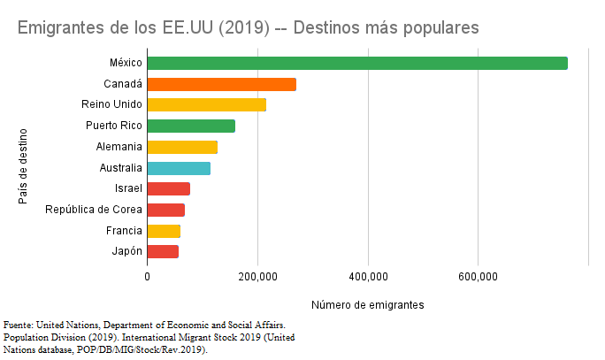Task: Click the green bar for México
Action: (x=356, y=63)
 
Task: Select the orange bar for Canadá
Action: (x=221, y=84)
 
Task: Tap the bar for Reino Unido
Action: (x=206, y=105)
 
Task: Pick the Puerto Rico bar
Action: (x=191, y=126)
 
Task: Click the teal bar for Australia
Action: (x=179, y=168)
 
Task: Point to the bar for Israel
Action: (x=168, y=188)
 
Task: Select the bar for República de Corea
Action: (x=165, y=210)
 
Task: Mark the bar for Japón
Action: (x=163, y=252)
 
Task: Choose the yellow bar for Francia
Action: (x=164, y=231)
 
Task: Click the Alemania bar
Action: (x=182, y=147)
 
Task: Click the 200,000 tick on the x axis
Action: (x=257, y=277)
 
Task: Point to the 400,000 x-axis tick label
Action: (x=368, y=277)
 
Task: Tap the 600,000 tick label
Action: (x=479, y=277)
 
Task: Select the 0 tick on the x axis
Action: (x=147, y=277)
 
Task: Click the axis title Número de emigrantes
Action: (x=368, y=305)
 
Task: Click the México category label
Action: (x=126, y=63)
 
